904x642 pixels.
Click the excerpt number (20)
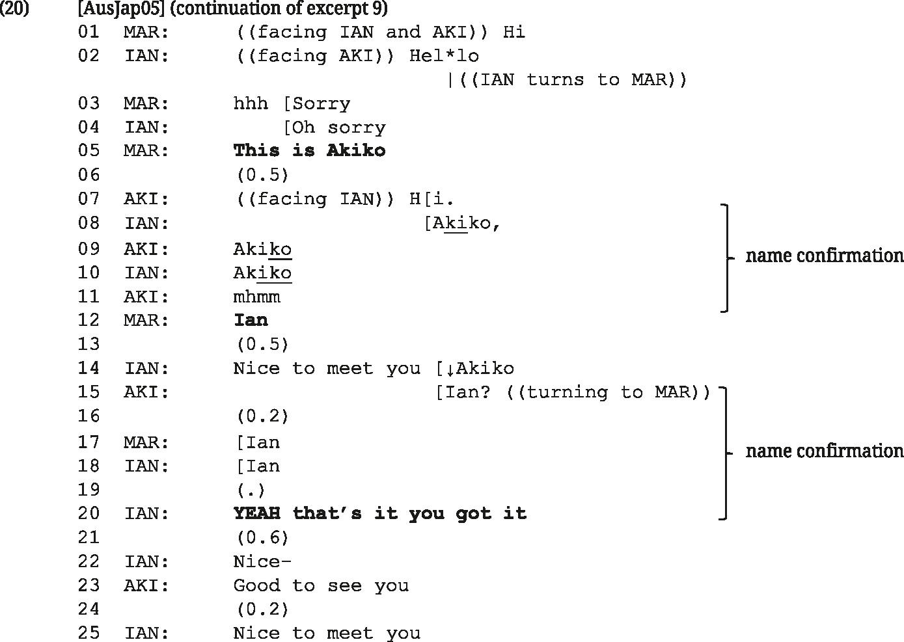[14, 8]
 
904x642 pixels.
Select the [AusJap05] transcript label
[121, 8]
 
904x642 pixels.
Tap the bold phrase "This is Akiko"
[310, 150]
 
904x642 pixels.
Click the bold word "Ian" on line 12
[251, 320]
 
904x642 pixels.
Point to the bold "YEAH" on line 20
[256, 513]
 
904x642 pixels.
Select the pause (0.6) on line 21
[263, 537]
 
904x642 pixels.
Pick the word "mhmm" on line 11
[256, 297]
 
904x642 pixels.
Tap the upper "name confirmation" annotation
[824, 255]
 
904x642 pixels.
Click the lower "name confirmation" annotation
[824, 451]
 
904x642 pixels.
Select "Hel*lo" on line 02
[444, 56]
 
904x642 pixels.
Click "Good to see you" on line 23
[322, 585]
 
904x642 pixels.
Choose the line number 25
[89, 633]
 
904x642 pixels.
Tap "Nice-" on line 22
[262, 561]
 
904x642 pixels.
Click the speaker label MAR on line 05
[146, 150]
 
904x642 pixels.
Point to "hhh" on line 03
[251, 103]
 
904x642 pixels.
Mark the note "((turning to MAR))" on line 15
[608, 392]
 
